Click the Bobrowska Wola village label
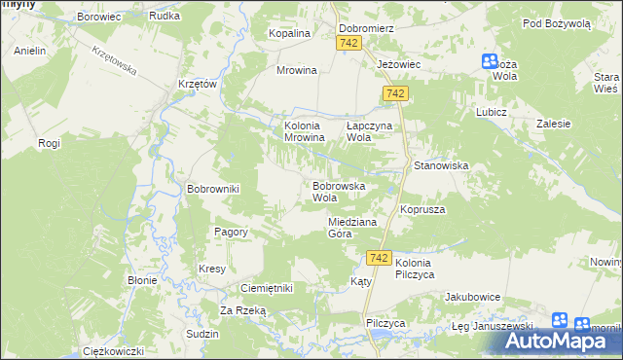pyautogui.click(x=338, y=191)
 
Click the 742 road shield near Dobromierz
pyautogui.click(x=349, y=44)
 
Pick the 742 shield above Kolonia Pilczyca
pyautogui.click(x=380, y=258)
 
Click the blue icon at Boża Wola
pyautogui.click(x=490, y=62)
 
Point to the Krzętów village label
pyautogui.click(x=197, y=85)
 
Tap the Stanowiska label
pyautogui.click(x=442, y=166)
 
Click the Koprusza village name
pyautogui.click(x=422, y=209)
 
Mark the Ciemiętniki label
pyautogui.click(x=267, y=289)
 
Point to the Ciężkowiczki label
pyautogui.click(x=114, y=350)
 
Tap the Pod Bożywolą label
pyautogui.click(x=556, y=23)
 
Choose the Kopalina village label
pyautogui.click(x=289, y=33)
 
